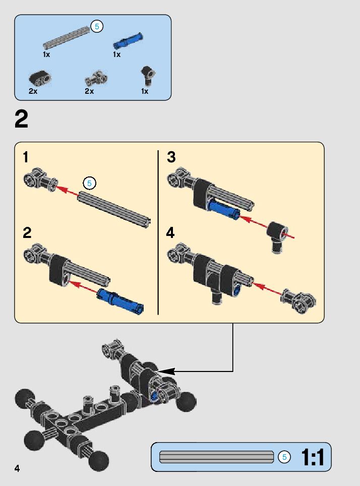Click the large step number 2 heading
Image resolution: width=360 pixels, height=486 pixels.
[22, 120]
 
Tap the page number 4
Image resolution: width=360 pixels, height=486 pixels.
[17, 468]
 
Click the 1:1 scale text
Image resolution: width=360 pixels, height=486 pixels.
[312, 457]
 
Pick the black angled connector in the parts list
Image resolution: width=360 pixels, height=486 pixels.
[147, 75]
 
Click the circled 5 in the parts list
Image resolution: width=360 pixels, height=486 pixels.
[97, 27]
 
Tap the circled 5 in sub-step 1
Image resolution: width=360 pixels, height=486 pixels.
[89, 183]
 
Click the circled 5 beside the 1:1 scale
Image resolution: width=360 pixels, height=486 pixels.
[284, 457]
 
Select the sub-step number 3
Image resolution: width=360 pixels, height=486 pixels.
[171, 157]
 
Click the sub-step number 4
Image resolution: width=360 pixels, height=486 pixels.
[171, 233]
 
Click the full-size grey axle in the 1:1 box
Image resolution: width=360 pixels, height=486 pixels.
[217, 457]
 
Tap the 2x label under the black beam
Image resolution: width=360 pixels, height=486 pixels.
[33, 91]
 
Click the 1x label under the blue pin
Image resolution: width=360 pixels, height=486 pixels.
[116, 54]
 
